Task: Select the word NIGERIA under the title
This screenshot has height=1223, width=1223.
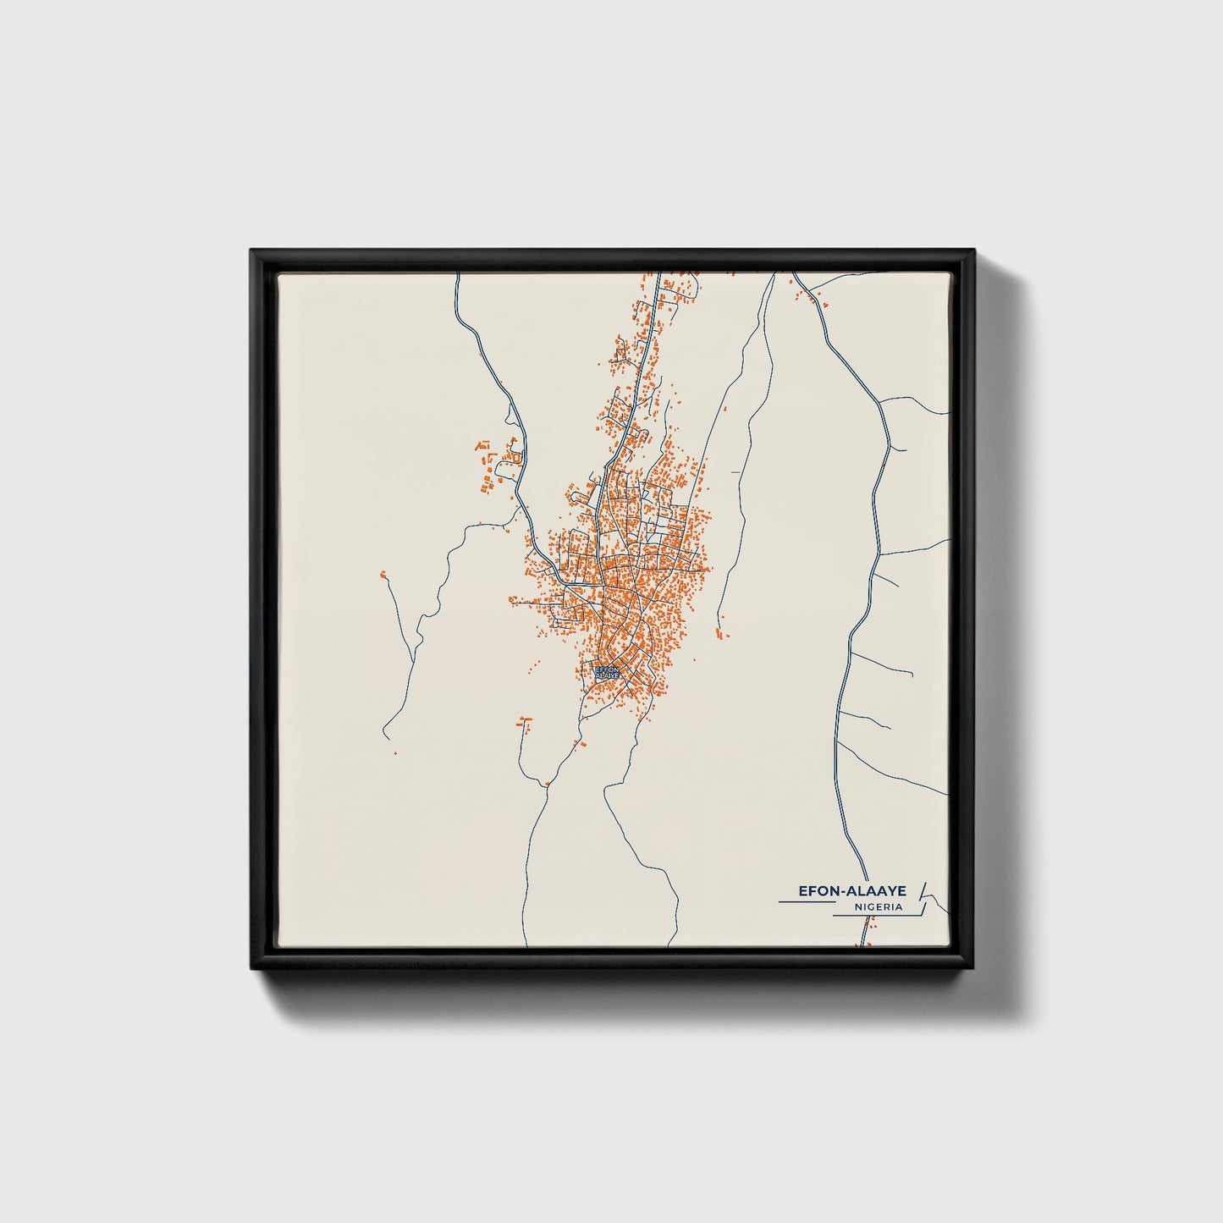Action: click(x=877, y=906)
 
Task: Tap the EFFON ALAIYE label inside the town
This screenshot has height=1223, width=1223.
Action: click(x=608, y=671)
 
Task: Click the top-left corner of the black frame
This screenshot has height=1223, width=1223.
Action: click(x=251, y=250)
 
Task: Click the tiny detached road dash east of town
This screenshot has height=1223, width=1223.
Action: click(x=736, y=471)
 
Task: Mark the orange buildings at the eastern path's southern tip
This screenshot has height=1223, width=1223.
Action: click(x=719, y=633)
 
